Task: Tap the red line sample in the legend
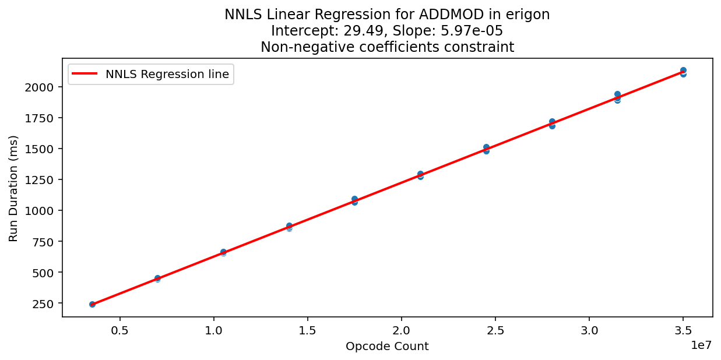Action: click(85, 74)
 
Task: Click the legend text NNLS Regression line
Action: click(167, 74)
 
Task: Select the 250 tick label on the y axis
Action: click(45, 303)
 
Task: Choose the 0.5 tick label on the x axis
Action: click(119, 330)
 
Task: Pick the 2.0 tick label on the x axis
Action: click(402, 330)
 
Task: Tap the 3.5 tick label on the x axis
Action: click(683, 330)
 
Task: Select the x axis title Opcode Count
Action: click(387, 347)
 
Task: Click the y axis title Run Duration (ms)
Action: click(13, 188)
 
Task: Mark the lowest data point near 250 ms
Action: click(92, 304)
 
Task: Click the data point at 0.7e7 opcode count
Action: click(157, 278)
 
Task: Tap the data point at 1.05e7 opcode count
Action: click(223, 252)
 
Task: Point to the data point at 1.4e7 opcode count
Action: click(289, 227)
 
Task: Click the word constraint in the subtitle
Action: click(487, 47)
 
